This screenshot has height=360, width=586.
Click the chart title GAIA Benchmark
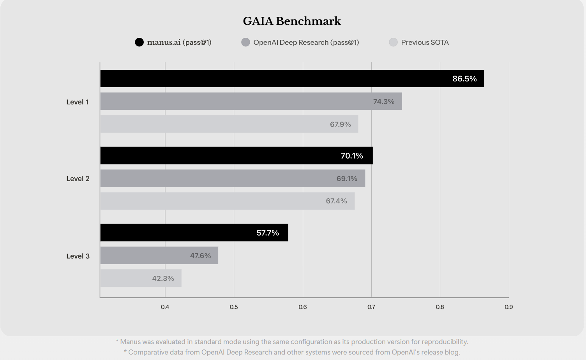pos(292,21)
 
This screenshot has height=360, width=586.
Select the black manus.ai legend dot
pos(139,42)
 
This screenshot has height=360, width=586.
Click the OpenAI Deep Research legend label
pos(306,42)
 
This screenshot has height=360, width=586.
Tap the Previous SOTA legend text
pos(425,42)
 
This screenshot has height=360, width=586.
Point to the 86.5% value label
pos(464,79)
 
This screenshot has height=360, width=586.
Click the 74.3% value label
pos(383,102)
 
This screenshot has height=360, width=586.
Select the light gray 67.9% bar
pos(229,124)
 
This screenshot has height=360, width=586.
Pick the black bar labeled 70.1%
pos(237,156)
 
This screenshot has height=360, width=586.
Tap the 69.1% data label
pos(347,179)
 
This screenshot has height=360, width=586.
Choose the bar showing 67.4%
pos(227,201)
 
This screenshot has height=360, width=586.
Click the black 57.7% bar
pos(194,233)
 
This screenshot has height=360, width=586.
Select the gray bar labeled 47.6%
pos(159,255)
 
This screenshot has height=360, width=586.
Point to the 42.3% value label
pos(163,278)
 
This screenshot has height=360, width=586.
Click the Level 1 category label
pos(78,102)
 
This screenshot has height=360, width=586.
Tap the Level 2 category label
pos(78,179)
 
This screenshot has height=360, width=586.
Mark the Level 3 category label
pos(78,256)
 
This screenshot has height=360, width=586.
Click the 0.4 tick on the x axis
pos(165,307)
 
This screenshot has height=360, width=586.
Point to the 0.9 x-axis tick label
pos(508,307)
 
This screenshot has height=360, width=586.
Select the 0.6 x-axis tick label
pos(303,307)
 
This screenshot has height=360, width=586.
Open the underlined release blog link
pos(440,352)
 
